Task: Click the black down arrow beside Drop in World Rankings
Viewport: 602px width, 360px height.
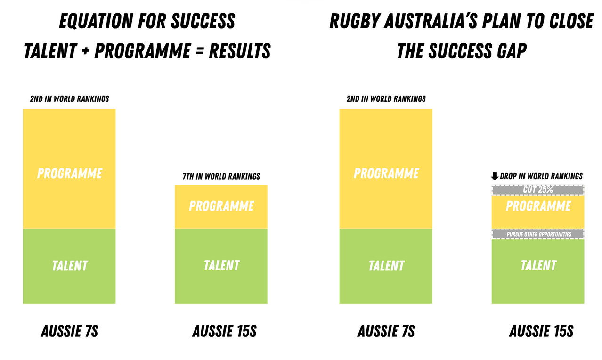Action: [495, 176]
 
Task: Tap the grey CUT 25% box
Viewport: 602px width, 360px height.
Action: [538, 190]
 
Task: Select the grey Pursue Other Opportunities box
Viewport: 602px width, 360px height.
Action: [538, 234]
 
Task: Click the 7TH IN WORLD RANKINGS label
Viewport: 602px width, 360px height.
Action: [221, 176]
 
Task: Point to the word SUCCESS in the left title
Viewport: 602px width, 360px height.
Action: [203, 21]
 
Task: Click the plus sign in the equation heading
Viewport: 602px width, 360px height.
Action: [85, 51]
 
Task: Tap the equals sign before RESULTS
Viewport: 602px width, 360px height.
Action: [200, 51]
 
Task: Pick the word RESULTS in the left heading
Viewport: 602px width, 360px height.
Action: [240, 51]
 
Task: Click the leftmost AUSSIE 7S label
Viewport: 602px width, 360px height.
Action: [69, 331]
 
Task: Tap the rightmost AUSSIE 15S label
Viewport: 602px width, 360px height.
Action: [541, 331]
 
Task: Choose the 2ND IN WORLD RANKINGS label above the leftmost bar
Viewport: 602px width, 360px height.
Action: [69, 99]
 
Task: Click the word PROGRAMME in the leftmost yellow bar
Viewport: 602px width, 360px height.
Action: [69, 173]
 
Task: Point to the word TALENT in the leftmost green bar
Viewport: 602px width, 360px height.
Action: [69, 266]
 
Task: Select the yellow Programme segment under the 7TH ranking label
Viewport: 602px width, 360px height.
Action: [221, 207]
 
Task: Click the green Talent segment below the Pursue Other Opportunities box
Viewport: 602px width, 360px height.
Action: [538, 271]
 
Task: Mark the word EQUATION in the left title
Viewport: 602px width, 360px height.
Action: [96, 21]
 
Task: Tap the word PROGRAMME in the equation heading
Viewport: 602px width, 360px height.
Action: [142, 51]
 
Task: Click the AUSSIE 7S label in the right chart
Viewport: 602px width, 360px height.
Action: [386, 331]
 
